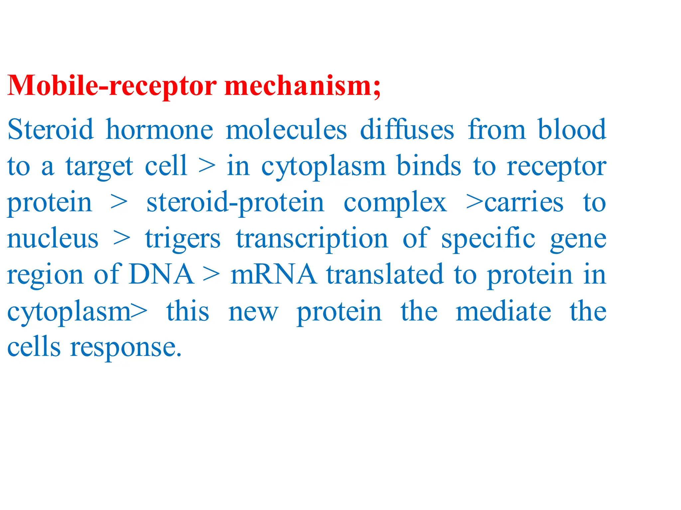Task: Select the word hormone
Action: pos(159,129)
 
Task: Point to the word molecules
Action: pos(286,129)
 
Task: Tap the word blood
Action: pos(572,129)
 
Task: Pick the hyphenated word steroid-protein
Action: pos(235,202)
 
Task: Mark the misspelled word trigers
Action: pos(183,239)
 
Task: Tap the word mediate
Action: pos(503,311)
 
